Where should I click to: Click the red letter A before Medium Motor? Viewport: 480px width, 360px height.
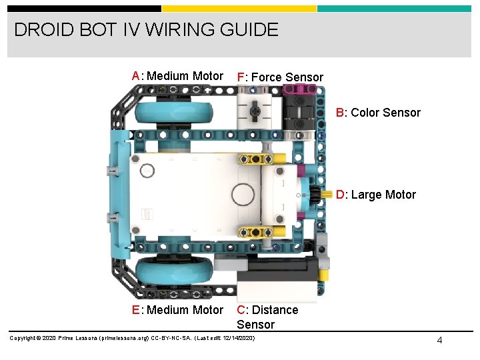(136, 76)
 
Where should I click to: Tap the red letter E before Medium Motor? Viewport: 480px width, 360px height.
(136, 310)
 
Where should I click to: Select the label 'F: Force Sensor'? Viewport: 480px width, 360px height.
(280, 77)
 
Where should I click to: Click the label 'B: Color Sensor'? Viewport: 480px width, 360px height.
(378, 113)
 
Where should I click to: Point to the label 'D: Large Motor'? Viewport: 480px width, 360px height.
(376, 195)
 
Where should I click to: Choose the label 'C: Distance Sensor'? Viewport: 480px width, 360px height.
(267, 317)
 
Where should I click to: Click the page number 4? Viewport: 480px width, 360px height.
(439, 341)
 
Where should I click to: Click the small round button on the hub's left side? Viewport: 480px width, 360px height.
(147, 171)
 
